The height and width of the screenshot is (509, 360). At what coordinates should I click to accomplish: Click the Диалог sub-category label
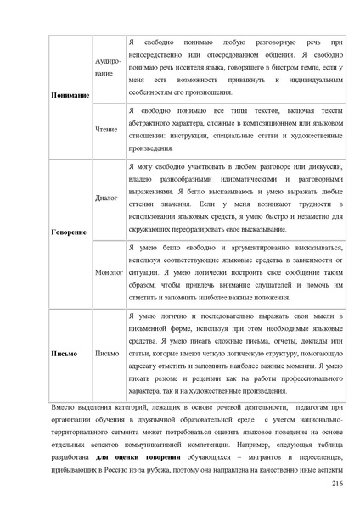coord(107,198)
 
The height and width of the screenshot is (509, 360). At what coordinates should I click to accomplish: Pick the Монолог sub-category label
coord(109,272)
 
